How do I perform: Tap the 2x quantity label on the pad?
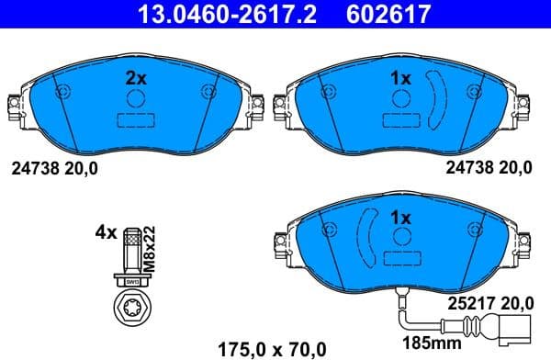point(135,79)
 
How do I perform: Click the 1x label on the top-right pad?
point(399,79)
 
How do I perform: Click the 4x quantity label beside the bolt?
point(107,233)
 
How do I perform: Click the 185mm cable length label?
point(419,345)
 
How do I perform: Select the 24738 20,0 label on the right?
point(488,167)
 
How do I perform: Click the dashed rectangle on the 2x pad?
point(135,120)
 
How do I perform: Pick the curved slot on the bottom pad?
point(364,238)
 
